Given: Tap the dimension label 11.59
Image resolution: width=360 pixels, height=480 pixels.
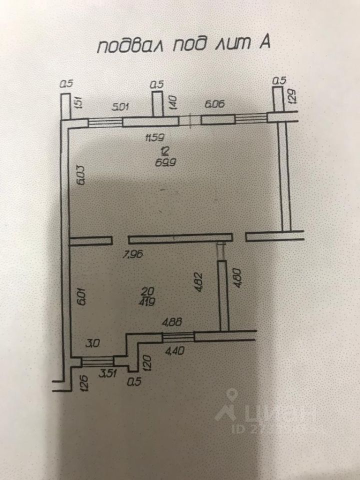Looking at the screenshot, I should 154,137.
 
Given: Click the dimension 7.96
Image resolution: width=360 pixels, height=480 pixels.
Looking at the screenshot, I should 132,254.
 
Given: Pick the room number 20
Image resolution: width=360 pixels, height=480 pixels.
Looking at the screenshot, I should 147,291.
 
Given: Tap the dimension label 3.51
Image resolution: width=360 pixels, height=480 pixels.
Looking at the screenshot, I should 106,372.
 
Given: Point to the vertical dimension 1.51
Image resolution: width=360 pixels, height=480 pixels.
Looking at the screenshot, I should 78,103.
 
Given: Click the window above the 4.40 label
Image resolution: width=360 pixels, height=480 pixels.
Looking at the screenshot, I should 178,336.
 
